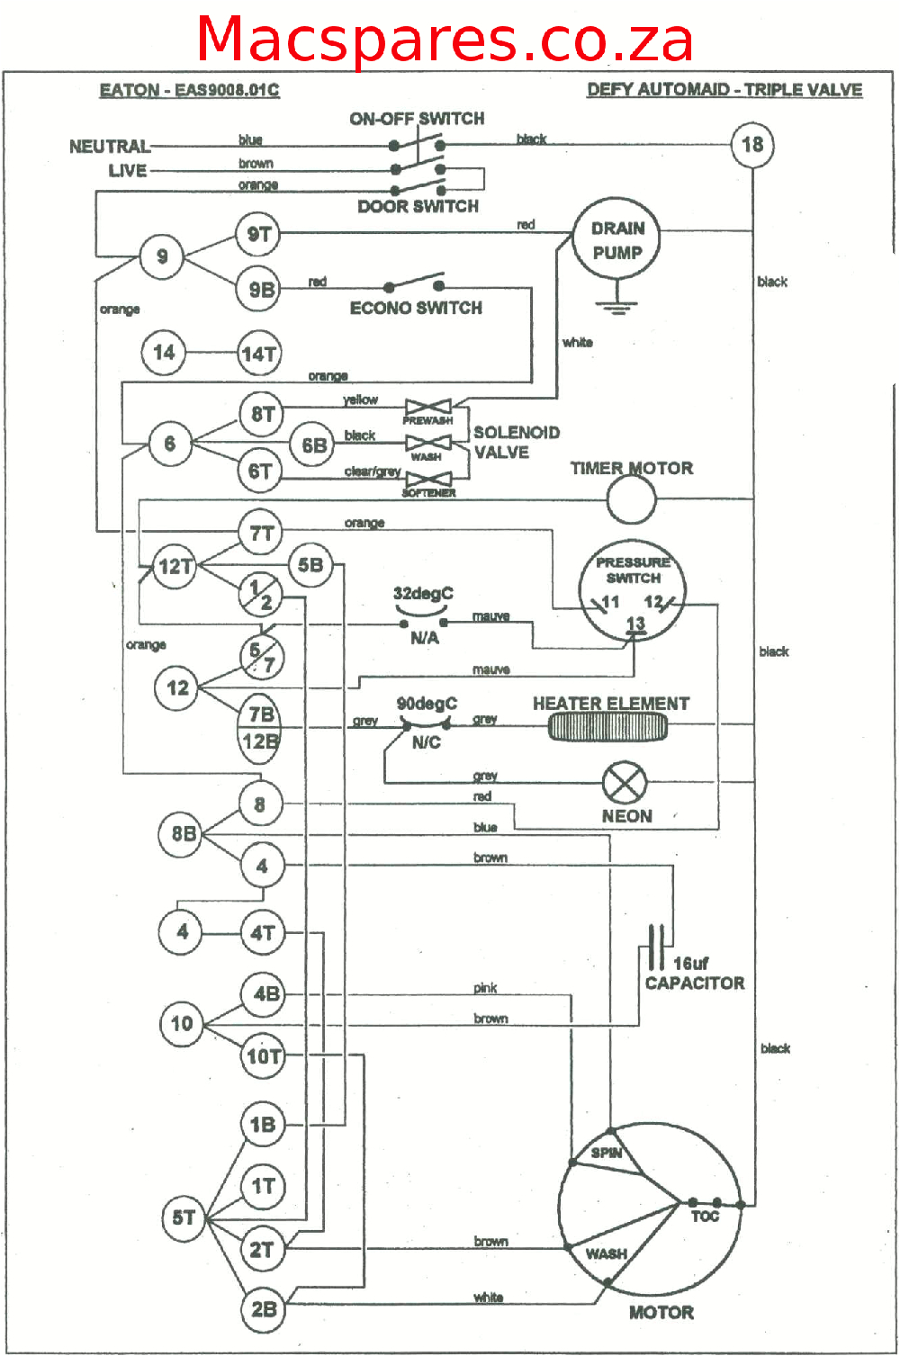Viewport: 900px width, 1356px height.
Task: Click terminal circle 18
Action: (752, 144)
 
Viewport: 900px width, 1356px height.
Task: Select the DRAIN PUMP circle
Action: (617, 240)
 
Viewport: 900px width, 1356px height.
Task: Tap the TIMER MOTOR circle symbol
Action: (631, 499)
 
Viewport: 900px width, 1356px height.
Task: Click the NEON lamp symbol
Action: (624, 782)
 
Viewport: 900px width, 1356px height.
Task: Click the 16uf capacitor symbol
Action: (657, 947)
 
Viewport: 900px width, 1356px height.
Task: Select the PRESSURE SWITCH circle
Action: (633, 590)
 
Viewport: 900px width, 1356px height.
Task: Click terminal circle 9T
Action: (259, 235)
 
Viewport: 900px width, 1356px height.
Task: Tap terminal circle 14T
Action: (259, 354)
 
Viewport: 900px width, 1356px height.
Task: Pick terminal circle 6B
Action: (314, 445)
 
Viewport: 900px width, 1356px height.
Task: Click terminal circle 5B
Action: (310, 565)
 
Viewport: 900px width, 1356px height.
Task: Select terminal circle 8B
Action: (183, 834)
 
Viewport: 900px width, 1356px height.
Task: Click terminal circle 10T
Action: (264, 1055)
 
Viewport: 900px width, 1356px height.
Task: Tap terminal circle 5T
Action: (184, 1217)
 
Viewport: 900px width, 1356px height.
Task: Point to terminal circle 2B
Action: (263, 1308)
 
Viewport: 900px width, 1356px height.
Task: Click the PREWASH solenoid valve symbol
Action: (427, 408)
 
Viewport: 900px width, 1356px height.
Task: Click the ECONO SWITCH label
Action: (416, 308)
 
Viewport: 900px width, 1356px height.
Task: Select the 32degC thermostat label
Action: (423, 594)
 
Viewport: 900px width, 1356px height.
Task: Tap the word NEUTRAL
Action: (110, 146)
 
